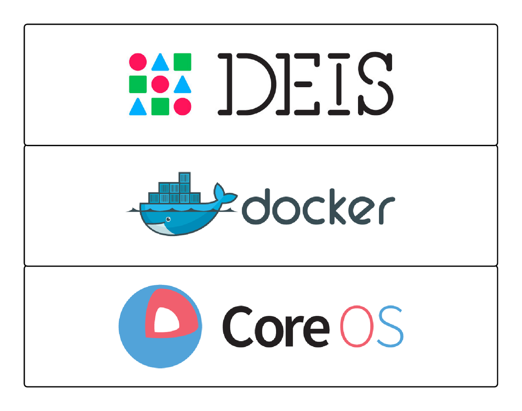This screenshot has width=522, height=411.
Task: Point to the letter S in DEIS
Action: [371, 84]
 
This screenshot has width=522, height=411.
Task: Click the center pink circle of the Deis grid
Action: [160, 84]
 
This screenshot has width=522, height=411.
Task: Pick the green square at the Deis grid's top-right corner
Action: [182, 62]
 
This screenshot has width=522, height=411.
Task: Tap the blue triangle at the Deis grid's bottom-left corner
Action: [138, 107]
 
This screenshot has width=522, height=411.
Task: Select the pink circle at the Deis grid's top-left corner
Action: [138, 62]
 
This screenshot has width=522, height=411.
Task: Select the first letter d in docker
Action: [254, 209]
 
